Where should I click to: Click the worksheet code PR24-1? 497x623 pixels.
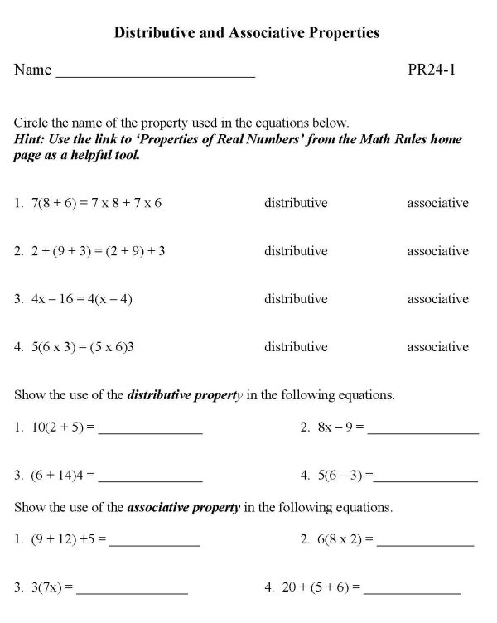432,70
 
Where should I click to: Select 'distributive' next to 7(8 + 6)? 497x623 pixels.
296,203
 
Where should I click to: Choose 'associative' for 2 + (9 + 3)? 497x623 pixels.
437,251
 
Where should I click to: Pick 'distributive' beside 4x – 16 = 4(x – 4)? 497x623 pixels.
296,299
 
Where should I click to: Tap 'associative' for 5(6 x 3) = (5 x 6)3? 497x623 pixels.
437,347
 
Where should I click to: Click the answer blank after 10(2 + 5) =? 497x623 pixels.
150,432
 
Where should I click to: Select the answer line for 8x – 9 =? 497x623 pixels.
423,432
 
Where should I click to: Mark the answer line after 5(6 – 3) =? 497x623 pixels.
426,479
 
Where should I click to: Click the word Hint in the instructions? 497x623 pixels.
31,140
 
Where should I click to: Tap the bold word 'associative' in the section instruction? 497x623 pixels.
157,506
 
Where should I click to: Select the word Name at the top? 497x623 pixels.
32,70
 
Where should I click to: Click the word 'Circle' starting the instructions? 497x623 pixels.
31,123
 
